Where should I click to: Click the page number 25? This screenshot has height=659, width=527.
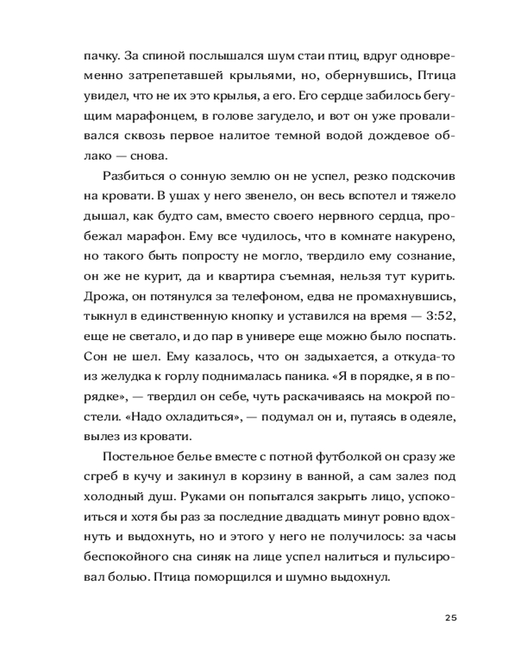click(451, 617)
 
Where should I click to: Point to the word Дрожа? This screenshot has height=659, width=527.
click(101, 297)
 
